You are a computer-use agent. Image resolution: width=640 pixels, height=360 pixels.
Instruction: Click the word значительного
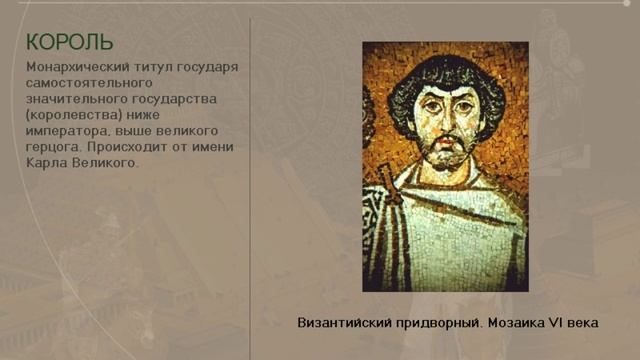pyautogui.click(x=75, y=99)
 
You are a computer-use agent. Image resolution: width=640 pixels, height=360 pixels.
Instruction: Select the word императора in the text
pyautogui.click(x=67, y=131)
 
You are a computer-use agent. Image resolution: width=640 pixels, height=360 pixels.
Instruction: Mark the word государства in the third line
pyautogui.click(x=184, y=99)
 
